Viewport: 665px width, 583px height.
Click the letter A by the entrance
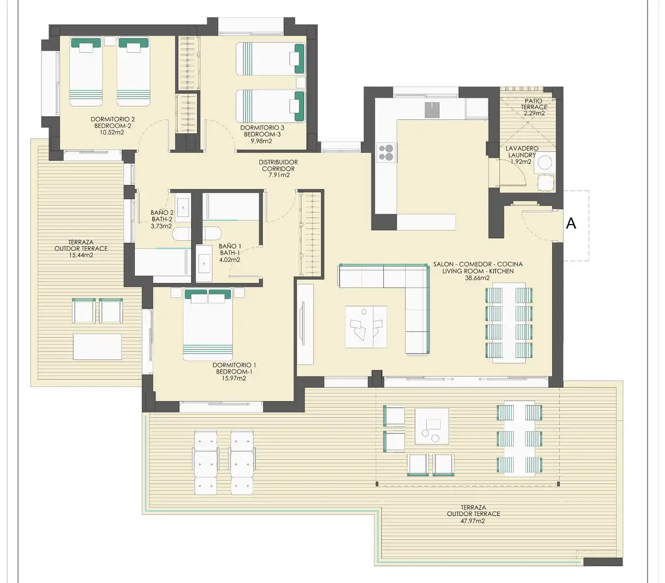(x=571, y=223)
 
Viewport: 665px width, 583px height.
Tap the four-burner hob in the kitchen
(x=386, y=153)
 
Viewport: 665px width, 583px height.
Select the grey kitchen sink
(x=432, y=110)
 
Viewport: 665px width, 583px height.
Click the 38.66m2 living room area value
(x=477, y=278)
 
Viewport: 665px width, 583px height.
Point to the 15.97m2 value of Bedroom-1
(x=234, y=378)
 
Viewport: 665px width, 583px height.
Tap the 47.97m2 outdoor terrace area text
(x=473, y=521)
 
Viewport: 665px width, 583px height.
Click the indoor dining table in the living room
(x=509, y=323)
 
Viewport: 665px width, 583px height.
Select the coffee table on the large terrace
(x=432, y=426)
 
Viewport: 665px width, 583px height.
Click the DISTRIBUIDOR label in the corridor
(x=278, y=162)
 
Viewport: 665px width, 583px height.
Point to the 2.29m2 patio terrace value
(x=534, y=113)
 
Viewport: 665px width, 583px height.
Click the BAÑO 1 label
(x=230, y=246)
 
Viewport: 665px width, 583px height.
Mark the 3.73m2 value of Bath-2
(x=161, y=226)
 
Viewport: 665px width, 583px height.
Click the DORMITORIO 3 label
(x=262, y=128)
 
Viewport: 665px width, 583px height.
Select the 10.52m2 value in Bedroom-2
(x=112, y=133)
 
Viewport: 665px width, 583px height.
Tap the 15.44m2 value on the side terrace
(x=81, y=255)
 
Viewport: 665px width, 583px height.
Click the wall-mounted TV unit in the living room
(x=305, y=324)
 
